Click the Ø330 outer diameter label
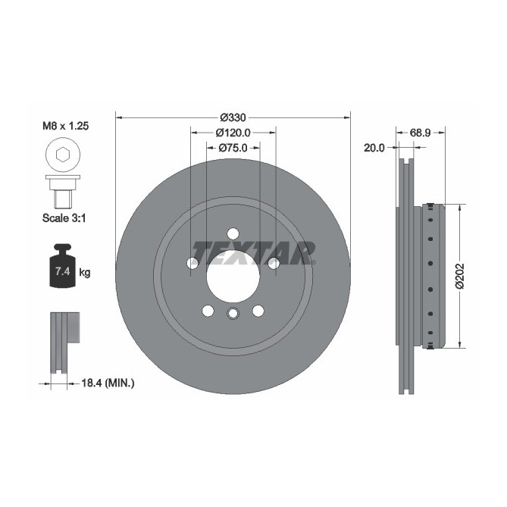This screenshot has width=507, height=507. click(233, 117)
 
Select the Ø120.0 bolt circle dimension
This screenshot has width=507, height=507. click(233, 133)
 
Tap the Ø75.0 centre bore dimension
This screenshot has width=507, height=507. click(233, 149)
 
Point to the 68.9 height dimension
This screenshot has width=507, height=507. click(421, 133)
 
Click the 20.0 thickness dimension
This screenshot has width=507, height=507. click(374, 149)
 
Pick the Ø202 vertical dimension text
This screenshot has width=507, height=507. click(459, 277)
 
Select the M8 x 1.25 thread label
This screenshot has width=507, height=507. click(65, 127)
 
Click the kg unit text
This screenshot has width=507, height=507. click(85, 272)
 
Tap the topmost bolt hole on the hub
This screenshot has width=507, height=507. click(233, 233)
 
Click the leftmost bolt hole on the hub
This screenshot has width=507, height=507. click(193, 263)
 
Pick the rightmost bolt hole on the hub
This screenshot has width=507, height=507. click(274, 263)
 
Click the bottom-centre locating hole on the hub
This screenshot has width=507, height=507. click(233, 314)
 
